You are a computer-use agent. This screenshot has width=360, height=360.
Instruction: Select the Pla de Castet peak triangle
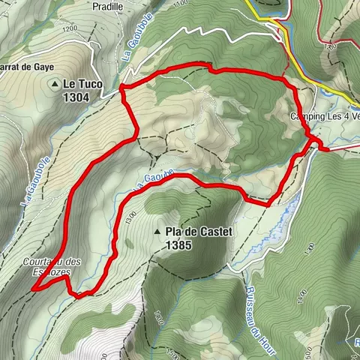157,232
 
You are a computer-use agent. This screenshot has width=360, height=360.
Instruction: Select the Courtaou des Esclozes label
52,266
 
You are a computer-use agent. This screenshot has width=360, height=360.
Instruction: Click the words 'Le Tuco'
82,85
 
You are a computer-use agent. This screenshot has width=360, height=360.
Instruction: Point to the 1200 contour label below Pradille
71,28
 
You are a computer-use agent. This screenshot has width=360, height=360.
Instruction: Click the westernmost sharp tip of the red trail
31,288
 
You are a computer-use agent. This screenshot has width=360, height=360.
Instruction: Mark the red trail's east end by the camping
326,149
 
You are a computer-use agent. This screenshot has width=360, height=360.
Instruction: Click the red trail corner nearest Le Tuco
121,89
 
